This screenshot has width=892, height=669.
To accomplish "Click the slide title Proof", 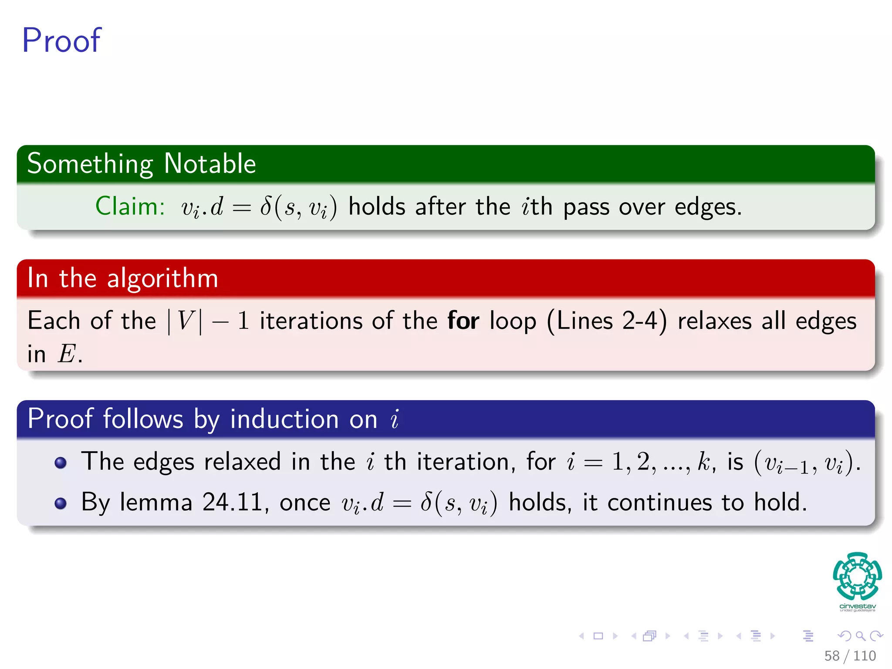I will click(x=61, y=41).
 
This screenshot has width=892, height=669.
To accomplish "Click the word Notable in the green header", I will click(x=210, y=164).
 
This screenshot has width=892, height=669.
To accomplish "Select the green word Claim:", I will click(x=130, y=206).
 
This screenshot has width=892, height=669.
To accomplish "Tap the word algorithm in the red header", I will click(x=162, y=278).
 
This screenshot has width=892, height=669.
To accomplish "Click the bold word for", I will click(x=463, y=321).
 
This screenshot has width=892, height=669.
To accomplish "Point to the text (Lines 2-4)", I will click(x=607, y=321).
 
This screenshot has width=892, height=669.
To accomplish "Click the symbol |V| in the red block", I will click(x=185, y=321).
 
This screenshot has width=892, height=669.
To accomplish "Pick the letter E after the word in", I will click(x=67, y=354).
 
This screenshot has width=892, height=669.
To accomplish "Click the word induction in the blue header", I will click(x=284, y=419).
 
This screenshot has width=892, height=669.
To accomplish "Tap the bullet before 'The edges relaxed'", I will click(x=61, y=463).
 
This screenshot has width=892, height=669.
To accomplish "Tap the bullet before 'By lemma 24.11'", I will click(x=61, y=503).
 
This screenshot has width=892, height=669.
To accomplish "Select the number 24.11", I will click(x=232, y=503).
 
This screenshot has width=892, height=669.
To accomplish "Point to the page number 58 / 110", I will click(x=850, y=655).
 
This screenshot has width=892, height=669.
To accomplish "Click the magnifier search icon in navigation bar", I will click(x=860, y=636).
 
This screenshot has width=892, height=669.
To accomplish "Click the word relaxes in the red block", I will click(x=714, y=321).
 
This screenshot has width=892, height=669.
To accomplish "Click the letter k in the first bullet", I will click(x=703, y=462).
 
